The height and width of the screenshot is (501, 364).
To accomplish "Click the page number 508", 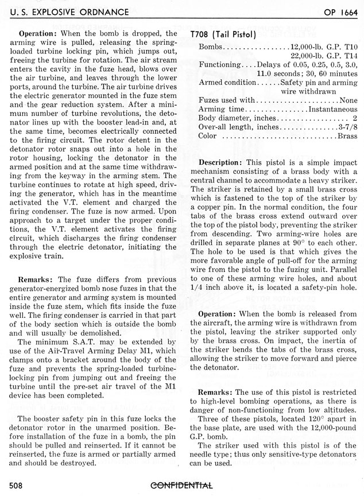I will tap(18, 486).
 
